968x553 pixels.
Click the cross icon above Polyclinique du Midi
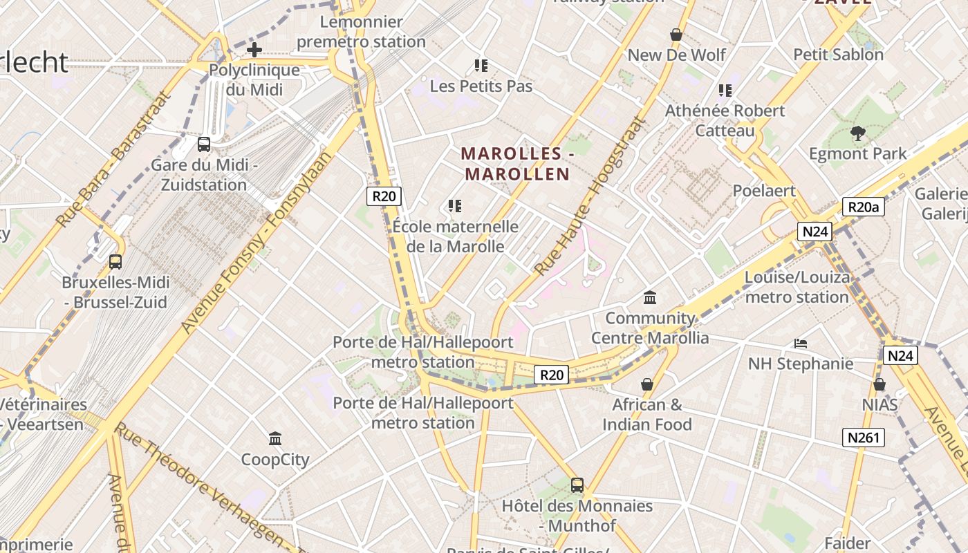[x=254, y=50]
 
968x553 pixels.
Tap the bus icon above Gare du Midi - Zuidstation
[x=204, y=144]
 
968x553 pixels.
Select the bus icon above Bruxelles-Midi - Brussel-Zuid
[x=115, y=262]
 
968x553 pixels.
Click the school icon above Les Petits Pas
[x=481, y=66]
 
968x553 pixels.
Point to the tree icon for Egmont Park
[x=858, y=133]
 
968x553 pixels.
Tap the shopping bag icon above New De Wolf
[x=676, y=35]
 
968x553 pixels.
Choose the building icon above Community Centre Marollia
[x=650, y=298]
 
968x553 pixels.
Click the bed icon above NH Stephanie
[x=801, y=343]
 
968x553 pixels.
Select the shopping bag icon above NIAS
[x=879, y=384]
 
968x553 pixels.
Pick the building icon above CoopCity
[x=275, y=438]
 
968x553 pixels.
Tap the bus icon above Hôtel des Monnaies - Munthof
[x=577, y=485]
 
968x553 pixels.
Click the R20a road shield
[x=864, y=207]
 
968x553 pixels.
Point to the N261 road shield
[x=864, y=437]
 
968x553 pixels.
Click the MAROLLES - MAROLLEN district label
[x=517, y=163]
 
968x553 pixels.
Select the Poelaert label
[x=764, y=191]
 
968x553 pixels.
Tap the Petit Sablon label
[x=838, y=55]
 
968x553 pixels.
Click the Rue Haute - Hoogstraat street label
[x=590, y=196]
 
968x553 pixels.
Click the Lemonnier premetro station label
[x=361, y=32]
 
